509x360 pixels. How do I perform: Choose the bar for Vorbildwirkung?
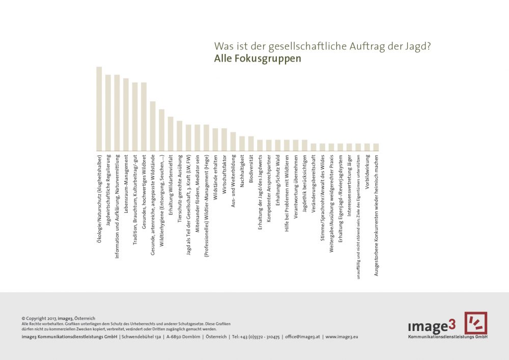(367, 147)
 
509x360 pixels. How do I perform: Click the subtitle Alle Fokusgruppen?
(258, 59)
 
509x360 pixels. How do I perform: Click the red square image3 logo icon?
(475, 323)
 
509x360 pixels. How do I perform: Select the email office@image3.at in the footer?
(302, 337)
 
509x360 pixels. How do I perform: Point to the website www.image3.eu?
(342, 337)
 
